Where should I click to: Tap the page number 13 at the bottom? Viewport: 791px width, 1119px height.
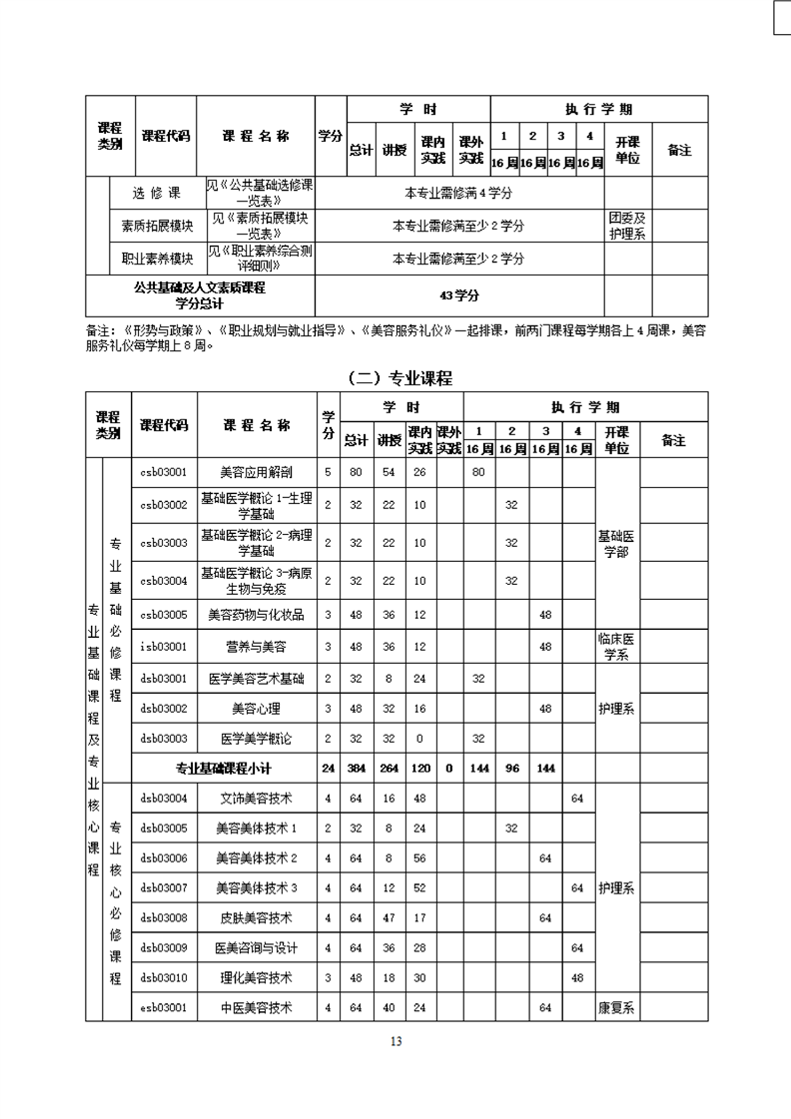pos(395,1042)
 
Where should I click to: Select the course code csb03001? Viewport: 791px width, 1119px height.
pos(164,472)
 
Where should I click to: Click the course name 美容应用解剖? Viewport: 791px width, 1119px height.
pos(256,472)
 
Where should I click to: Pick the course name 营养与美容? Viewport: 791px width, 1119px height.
pos(256,647)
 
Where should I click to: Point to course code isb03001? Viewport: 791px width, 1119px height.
pos(164,647)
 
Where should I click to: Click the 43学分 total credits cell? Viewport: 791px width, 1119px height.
pos(459,295)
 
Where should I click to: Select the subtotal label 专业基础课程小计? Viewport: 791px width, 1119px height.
pos(224,769)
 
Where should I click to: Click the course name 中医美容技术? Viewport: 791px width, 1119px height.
pos(256,1008)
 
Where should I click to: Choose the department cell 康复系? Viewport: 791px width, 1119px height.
pos(616,1008)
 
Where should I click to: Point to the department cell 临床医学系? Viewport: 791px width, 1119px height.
pos(616,647)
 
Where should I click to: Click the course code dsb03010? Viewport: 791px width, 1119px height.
pos(164,978)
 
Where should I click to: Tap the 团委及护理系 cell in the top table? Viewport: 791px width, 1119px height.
pos(627,226)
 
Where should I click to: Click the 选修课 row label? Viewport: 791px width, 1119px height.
pos(158,192)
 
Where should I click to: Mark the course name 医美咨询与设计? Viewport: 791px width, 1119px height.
pos(256,948)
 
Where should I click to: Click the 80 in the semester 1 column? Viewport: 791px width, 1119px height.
pos(477,472)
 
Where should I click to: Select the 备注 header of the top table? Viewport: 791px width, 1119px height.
pos(679,150)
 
